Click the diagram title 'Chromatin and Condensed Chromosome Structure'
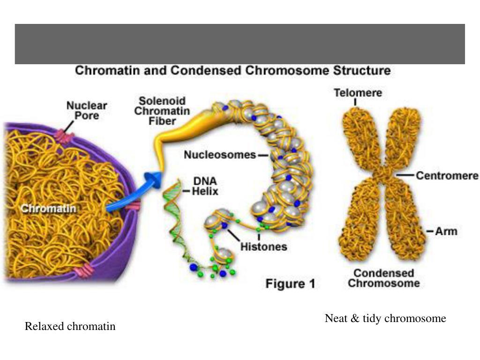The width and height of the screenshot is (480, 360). [233, 71]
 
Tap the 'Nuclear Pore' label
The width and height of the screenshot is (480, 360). [87, 110]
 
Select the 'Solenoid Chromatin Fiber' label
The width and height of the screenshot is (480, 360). [162, 111]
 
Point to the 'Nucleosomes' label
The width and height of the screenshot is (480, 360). [220, 154]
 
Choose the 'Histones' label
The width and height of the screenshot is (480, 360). [263, 246]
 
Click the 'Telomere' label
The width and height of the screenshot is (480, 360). [358, 93]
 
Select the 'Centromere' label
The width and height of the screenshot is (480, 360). [447, 176]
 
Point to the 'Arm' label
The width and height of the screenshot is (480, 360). [446, 231]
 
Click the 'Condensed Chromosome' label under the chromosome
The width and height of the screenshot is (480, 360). [383, 278]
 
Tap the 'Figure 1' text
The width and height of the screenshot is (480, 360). [291, 284]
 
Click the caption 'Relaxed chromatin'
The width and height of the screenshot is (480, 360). [70, 326]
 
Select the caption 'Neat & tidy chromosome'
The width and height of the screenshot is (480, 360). [385, 319]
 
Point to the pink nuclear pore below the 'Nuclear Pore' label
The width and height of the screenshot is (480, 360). [64, 136]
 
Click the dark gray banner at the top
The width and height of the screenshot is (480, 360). [240, 44]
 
